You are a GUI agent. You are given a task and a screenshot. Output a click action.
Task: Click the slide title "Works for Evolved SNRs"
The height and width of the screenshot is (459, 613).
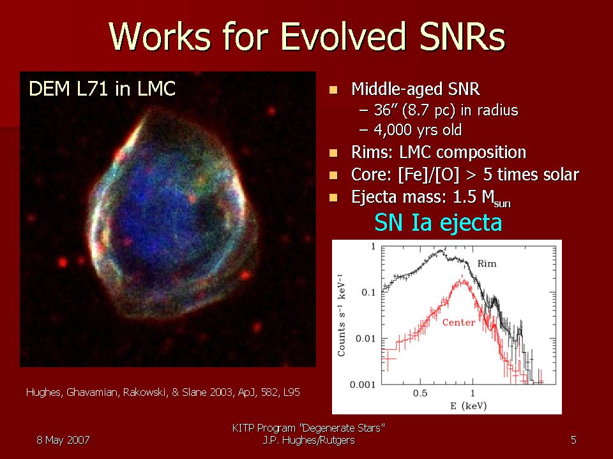(x=307, y=36)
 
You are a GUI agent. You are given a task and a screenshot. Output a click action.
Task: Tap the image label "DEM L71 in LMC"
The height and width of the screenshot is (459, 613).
(x=102, y=89)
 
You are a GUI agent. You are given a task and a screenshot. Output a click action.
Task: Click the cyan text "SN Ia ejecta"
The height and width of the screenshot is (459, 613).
(x=438, y=222)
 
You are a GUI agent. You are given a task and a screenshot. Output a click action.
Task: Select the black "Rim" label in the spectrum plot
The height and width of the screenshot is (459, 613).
(x=487, y=264)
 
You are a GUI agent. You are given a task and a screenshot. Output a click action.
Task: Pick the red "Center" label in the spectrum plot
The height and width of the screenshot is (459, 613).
(x=458, y=323)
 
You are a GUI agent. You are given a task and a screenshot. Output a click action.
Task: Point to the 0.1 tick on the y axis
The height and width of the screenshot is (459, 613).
(x=368, y=293)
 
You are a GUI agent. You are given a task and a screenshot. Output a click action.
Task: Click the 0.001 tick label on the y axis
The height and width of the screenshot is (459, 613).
(x=363, y=385)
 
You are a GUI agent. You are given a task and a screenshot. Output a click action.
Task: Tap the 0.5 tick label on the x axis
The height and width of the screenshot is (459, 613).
(x=420, y=393)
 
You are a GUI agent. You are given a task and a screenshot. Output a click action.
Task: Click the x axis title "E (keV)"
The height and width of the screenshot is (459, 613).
(x=468, y=406)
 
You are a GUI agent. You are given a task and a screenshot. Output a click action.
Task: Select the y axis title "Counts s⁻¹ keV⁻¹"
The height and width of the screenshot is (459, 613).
(x=341, y=316)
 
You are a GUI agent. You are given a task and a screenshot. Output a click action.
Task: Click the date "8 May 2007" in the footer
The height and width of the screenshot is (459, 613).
(x=63, y=441)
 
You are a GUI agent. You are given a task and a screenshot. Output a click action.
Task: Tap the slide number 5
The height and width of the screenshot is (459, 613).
(x=573, y=441)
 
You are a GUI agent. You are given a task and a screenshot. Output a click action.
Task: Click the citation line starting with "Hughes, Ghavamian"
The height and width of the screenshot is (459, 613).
(x=163, y=392)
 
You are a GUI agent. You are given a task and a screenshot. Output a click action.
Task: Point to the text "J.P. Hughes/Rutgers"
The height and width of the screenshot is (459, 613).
(x=309, y=441)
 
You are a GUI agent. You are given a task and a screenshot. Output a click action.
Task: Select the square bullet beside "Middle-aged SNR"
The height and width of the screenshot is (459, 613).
(x=333, y=91)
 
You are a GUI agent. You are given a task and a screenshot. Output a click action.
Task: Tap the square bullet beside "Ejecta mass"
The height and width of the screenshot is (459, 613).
(x=333, y=198)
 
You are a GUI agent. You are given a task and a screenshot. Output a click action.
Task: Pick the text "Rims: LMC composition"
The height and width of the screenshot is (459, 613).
(x=439, y=152)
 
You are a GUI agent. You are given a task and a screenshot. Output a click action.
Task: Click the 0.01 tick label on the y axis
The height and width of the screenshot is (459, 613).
(x=365, y=339)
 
